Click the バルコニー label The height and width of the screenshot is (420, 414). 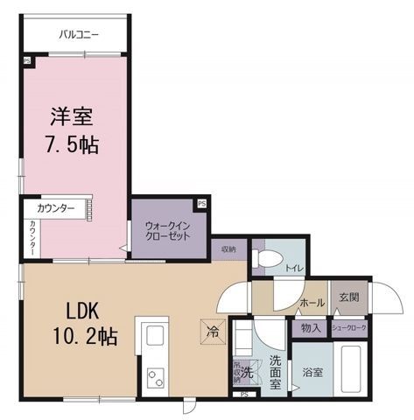tap(80, 35)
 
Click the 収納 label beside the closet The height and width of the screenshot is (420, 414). tap(228, 248)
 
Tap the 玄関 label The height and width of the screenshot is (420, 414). tap(348, 297)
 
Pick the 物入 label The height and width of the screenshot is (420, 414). tap(309, 327)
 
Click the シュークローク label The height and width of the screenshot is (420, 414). tap(348, 327)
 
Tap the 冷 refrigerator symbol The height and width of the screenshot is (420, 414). tap(213, 333)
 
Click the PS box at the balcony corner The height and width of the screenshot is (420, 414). tap(26, 60)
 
